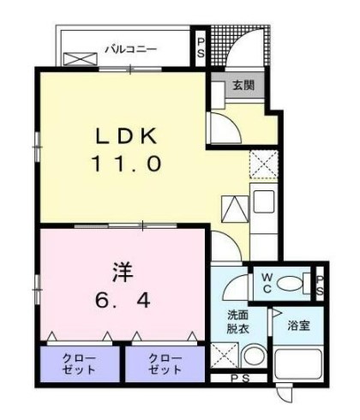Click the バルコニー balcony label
(x=130, y=49)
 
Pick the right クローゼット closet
(x=165, y=363)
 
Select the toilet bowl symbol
(x=295, y=282)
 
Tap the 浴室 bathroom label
(x=298, y=326)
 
